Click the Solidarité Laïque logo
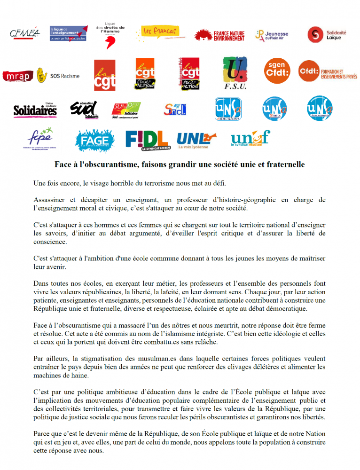coord(327,34)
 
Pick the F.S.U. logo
coord(235,73)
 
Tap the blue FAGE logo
coord(94,139)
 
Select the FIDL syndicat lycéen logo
coord(147,139)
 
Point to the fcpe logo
coord(40,137)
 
